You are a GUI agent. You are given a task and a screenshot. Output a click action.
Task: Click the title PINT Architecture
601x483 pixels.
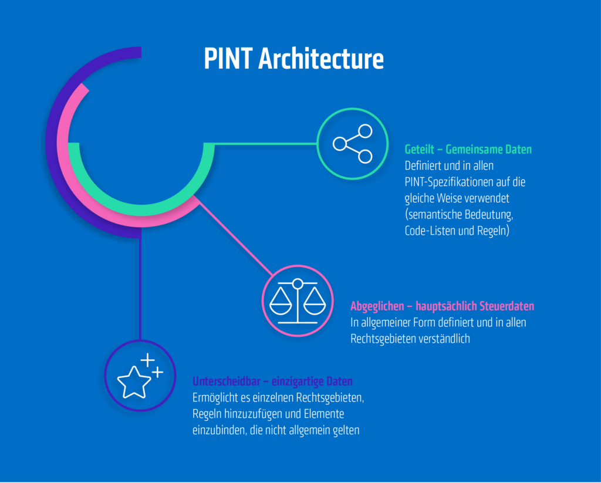[x=293, y=59]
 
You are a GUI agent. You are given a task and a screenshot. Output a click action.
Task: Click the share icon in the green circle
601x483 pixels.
[x=353, y=143]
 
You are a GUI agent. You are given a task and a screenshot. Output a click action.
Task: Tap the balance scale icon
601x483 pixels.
[x=298, y=301]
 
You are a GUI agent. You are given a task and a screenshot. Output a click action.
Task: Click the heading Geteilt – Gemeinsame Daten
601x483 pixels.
[x=468, y=149]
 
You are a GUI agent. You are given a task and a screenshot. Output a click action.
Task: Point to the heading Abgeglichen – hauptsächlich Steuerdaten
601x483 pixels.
[x=442, y=306]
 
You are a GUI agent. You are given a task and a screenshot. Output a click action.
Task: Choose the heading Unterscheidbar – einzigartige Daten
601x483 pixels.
[x=272, y=381]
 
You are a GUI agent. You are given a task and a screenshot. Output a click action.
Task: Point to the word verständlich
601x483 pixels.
[x=443, y=339]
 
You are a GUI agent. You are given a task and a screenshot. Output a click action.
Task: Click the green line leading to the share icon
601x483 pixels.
[x=264, y=143]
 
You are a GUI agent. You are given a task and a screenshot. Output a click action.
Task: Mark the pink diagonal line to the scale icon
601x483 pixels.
[x=235, y=237]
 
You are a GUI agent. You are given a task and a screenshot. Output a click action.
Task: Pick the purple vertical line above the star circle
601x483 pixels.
[x=140, y=288]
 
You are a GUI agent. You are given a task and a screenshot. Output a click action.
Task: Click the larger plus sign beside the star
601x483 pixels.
[x=147, y=359]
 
